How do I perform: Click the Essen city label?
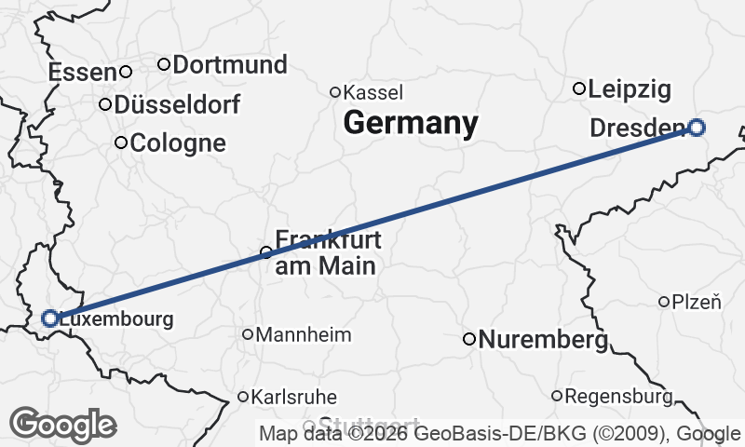(x=82, y=72)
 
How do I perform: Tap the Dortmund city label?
(x=229, y=65)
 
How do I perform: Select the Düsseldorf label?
(x=177, y=104)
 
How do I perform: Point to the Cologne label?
(x=178, y=143)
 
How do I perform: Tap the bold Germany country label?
(x=411, y=123)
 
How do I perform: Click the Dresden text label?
(x=638, y=129)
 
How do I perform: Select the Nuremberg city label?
(x=542, y=341)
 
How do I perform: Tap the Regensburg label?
(x=618, y=397)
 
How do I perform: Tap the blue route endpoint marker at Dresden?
(x=696, y=128)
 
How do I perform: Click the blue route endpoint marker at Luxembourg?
(x=50, y=318)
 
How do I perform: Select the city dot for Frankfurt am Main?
(x=266, y=252)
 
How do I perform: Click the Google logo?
(x=63, y=425)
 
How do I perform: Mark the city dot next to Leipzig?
(x=579, y=88)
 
